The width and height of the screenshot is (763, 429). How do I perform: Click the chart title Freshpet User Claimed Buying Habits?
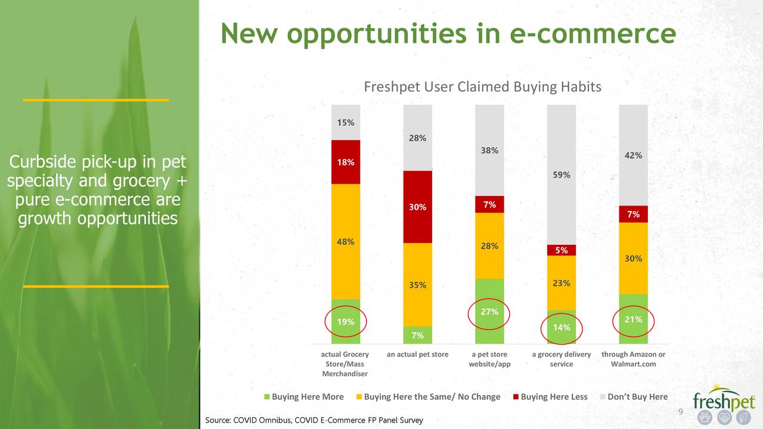[482, 88]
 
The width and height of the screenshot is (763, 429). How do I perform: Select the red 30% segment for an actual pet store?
[417, 207]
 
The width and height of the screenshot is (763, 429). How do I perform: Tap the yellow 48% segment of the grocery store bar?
[346, 241]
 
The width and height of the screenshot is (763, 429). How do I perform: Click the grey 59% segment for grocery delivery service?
[562, 175]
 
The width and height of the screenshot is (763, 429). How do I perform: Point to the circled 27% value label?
[489, 312]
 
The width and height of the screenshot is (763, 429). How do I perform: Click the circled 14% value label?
[562, 327]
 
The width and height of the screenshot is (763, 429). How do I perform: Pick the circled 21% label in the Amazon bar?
[633, 320]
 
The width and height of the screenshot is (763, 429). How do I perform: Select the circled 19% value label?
[346, 322]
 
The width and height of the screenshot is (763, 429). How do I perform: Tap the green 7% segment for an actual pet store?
[417, 335]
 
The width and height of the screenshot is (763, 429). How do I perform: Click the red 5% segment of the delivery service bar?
[562, 250]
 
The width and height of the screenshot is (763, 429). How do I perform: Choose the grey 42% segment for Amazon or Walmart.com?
[633, 155]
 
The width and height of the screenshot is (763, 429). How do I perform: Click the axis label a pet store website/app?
[489, 359]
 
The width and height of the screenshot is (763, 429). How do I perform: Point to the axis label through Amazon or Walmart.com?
[633, 359]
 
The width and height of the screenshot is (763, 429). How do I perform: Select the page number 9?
[681, 414]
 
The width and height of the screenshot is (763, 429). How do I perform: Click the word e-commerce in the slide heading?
[593, 33]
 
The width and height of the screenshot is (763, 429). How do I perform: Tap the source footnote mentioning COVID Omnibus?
[314, 421]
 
